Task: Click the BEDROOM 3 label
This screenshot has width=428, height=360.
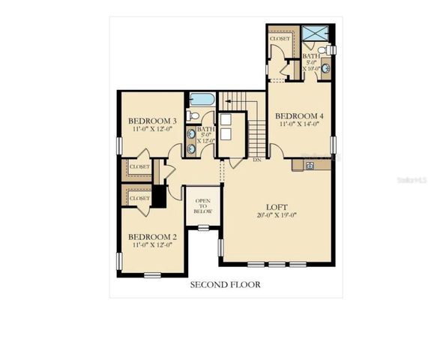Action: click(151, 121)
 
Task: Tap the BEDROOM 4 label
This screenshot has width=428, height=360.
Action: click(299, 115)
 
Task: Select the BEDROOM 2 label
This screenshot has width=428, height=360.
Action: click(152, 235)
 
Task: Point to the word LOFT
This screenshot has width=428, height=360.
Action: click(277, 206)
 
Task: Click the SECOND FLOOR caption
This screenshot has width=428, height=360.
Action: click(225, 285)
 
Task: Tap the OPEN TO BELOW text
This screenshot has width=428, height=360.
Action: click(202, 206)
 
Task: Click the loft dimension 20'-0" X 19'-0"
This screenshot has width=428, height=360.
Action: click(277, 216)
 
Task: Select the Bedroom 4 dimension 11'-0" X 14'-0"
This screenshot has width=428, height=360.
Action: click(299, 125)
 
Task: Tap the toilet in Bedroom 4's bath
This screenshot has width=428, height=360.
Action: click(331, 49)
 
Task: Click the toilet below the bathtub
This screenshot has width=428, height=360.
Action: click(193, 115)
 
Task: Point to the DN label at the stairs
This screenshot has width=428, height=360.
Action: click(256, 160)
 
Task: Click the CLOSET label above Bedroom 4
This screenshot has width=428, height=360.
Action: click(280, 38)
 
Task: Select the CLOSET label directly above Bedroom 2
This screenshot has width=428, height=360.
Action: click(139, 198)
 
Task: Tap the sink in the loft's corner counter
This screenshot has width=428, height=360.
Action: click(308, 165)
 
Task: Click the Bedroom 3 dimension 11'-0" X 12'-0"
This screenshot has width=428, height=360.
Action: click(151, 130)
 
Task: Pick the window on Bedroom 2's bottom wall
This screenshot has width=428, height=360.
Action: click(152, 275)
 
